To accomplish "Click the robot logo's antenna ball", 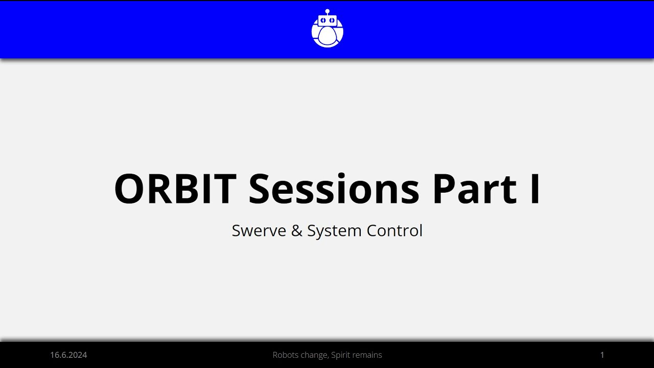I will pyautogui.click(x=328, y=11).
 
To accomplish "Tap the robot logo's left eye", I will pyautogui.click(x=323, y=20).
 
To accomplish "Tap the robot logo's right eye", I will pyautogui.click(x=332, y=20).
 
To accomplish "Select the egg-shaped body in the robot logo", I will pyautogui.click(x=328, y=37).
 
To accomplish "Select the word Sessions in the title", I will pyautogui.click(x=334, y=189).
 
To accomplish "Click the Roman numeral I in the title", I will pyautogui.click(x=535, y=189).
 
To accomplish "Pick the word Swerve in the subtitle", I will pyautogui.click(x=259, y=231).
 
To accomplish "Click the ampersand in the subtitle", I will pyautogui.click(x=297, y=231).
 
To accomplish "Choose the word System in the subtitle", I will pyautogui.click(x=334, y=231).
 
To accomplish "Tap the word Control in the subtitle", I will pyautogui.click(x=394, y=231).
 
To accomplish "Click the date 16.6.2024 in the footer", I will pyautogui.click(x=68, y=355).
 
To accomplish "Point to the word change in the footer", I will pyautogui.click(x=315, y=355).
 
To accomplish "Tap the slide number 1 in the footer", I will pyautogui.click(x=602, y=355).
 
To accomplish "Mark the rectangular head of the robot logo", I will pyautogui.click(x=328, y=20).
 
